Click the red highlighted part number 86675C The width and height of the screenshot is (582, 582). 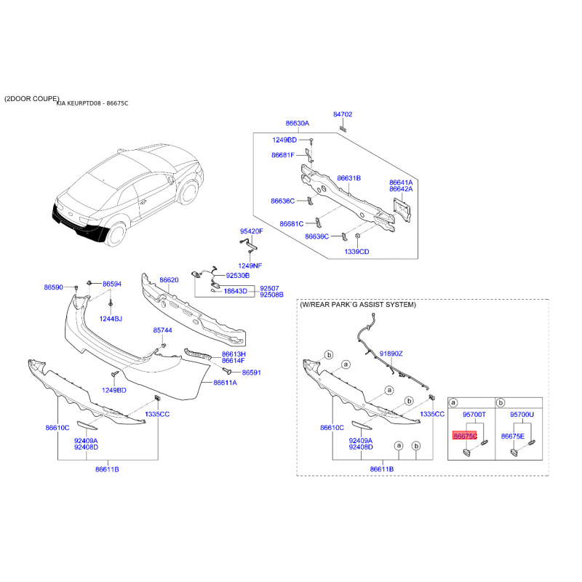(x=464, y=436)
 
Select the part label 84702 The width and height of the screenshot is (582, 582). (x=343, y=114)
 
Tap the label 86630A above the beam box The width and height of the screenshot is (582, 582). (x=298, y=123)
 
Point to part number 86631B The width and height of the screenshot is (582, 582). (x=349, y=178)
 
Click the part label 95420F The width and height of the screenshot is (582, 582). (x=251, y=231)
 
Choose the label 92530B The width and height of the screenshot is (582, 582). (x=238, y=276)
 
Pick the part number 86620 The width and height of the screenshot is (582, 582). (x=169, y=280)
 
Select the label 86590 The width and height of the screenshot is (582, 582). (x=53, y=287)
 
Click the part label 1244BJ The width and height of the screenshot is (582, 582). (x=111, y=319)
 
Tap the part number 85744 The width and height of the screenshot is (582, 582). (x=162, y=330)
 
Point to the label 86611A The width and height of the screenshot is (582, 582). (x=225, y=383)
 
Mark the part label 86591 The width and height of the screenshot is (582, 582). (x=251, y=372)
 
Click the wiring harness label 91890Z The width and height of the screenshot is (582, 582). (x=391, y=354)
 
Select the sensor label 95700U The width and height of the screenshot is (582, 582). (x=522, y=414)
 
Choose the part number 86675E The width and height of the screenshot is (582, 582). (x=513, y=436)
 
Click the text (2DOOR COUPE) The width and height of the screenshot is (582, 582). (x=31, y=99)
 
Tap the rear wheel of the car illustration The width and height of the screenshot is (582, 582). (x=116, y=234)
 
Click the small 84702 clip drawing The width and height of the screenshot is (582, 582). (x=343, y=129)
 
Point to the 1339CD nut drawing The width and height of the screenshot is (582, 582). (x=357, y=236)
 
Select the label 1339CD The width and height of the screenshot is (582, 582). (x=356, y=252)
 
